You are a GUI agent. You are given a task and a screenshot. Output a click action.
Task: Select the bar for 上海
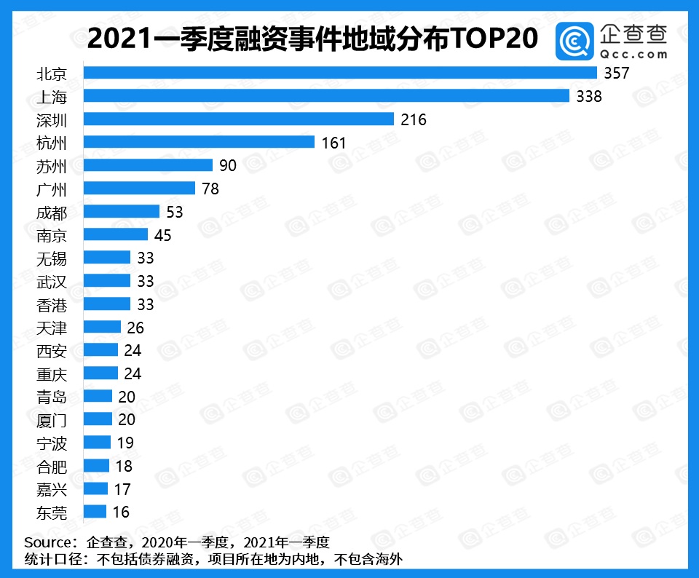(326, 96)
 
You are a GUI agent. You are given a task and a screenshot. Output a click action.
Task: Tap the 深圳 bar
(239, 119)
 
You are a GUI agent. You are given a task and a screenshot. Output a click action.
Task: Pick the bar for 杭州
(199, 142)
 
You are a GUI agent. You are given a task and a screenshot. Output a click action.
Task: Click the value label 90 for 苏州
(228, 165)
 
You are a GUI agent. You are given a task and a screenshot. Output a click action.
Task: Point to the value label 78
(210, 189)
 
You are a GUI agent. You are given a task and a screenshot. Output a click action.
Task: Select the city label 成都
(52, 212)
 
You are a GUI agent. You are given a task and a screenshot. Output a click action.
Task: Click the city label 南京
(52, 234)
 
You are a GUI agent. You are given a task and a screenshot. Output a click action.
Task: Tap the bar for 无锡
(107, 258)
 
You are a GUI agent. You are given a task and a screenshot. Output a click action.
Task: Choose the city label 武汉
(52, 281)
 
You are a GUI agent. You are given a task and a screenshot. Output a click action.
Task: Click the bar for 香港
(107, 304)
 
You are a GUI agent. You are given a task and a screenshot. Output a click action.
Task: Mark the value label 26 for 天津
(135, 327)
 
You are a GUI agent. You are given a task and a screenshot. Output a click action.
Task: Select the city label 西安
(52, 350)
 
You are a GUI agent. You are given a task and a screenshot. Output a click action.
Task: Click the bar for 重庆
(100, 373)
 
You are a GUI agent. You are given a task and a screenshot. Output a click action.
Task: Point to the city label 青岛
(52, 397)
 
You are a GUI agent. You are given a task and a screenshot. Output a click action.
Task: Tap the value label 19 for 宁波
(125, 443)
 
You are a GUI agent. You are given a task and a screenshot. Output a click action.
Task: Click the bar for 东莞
(95, 512)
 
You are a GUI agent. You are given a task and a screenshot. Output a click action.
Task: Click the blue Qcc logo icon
(575, 41)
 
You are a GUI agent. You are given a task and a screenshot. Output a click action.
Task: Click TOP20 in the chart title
(494, 39)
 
